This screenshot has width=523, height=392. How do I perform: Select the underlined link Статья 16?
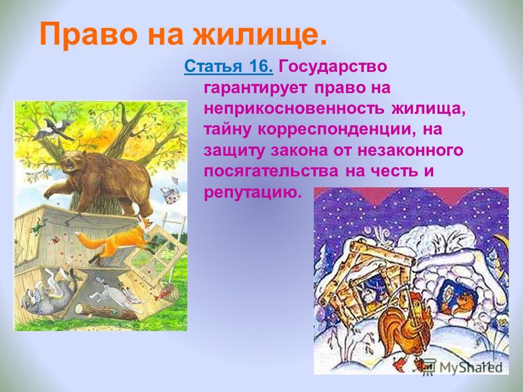[228, 66]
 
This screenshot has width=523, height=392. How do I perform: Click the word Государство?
[332, 66]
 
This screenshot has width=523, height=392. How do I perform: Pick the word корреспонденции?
[337, 130]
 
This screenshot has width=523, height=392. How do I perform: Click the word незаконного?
[410, 150]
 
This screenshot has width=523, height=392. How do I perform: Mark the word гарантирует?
[255, 88]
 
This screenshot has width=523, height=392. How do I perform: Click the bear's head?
[72, 161]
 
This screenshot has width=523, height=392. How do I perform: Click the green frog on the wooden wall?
[38, 228]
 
